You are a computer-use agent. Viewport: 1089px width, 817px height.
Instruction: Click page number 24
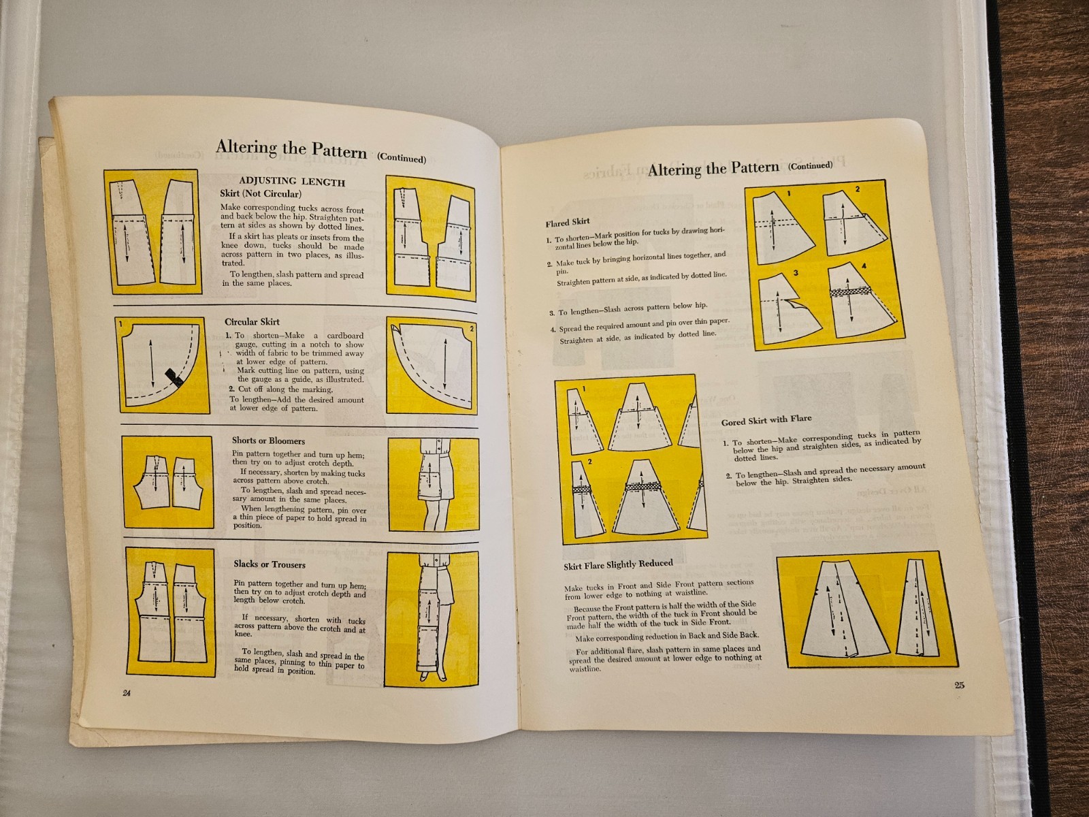point(126,693)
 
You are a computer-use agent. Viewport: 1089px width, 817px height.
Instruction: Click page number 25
point(959,685)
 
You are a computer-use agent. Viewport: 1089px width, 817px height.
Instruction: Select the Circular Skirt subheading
point(252,321)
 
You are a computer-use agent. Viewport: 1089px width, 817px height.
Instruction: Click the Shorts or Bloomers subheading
point(268,440)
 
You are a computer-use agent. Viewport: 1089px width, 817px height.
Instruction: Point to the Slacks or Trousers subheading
point(270,564)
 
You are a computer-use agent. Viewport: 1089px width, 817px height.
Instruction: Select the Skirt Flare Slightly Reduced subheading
point(617,564)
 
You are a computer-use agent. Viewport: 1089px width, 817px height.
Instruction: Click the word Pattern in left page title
point(338,150)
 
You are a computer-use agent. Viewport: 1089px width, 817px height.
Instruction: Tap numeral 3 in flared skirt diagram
point(794,273)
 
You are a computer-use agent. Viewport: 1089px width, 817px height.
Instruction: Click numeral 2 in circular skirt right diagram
point(471,328)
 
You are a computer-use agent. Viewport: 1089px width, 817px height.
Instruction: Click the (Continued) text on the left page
point(402,158)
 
